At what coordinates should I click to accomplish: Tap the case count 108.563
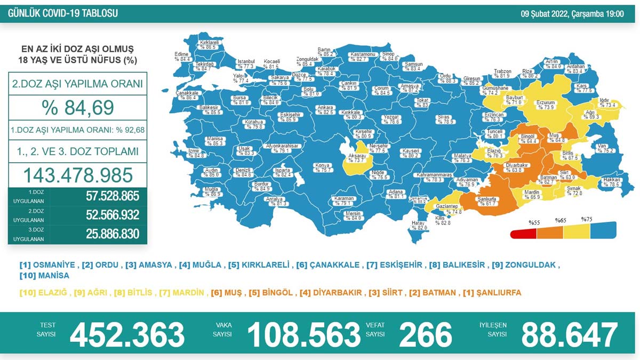[x=303, y=334]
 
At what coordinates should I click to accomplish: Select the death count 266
[x=425, y=334]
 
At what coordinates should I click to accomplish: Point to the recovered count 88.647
[x=569, y=334]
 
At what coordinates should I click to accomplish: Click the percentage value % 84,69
[x=78, y=108]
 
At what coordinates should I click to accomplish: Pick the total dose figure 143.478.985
[x=78, y=175]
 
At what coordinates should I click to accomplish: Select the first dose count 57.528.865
[x=113, y=196]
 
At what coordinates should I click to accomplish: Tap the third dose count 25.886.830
[x=113, y=234]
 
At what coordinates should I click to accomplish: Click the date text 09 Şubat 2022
[x=544, y=14]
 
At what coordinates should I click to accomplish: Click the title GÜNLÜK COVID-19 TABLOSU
[x=63, y=13]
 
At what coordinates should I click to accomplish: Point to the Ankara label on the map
[x=325, y=108]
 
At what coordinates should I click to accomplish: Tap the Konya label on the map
[x=323, y=165]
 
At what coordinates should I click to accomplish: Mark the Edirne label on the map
[x=182, y=54]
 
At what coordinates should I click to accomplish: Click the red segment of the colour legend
[x=523, y=234]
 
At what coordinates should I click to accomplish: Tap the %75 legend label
[x=587, y=220]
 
